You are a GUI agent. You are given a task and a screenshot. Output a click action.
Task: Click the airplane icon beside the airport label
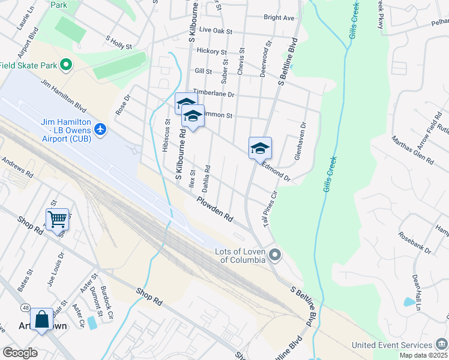(x=100, y=128)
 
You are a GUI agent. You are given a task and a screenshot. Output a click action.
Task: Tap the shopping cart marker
(x=57, y=219)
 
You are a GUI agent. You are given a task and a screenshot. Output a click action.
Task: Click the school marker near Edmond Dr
(x=260, y=148)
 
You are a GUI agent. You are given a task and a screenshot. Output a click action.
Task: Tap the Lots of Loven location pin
(x=275, y=256)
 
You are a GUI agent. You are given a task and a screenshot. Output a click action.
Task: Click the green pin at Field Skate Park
(x=67, y=65)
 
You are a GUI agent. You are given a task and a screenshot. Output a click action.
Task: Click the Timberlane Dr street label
(x=212, y=94)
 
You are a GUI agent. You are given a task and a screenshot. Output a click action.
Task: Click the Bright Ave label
(x=279, y=18)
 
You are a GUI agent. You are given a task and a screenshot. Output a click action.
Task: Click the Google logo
(x=20, y=353)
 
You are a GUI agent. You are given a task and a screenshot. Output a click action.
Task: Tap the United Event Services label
(x=392, y=345)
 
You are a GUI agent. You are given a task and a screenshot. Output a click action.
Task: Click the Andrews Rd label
(x=16, y=166)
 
